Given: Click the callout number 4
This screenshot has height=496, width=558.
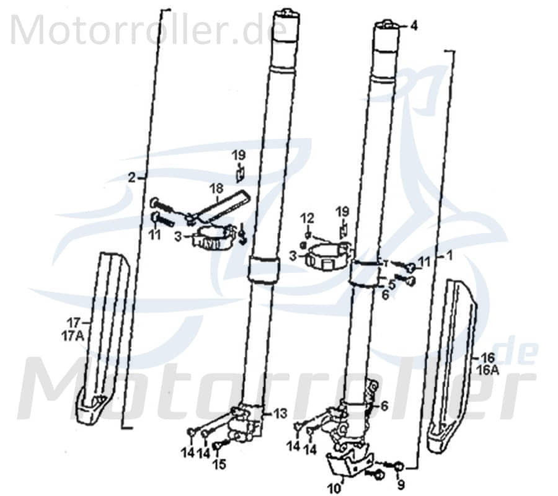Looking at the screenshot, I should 414,26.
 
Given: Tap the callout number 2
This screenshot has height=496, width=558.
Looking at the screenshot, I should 131,177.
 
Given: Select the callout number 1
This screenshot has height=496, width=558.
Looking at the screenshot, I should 450,255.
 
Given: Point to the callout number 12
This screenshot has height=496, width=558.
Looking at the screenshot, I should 308,218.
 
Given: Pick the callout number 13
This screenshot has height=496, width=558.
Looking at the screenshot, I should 280,412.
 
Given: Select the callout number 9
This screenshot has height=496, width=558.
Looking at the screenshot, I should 401,484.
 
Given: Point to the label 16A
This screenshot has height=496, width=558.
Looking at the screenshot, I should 489,370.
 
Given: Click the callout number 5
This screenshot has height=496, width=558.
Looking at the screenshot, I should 391,285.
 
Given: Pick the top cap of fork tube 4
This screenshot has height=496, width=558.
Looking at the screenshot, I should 386,25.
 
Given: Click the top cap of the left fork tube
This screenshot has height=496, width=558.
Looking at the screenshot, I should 286,12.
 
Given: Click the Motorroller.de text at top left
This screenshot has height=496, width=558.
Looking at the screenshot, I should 149,29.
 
